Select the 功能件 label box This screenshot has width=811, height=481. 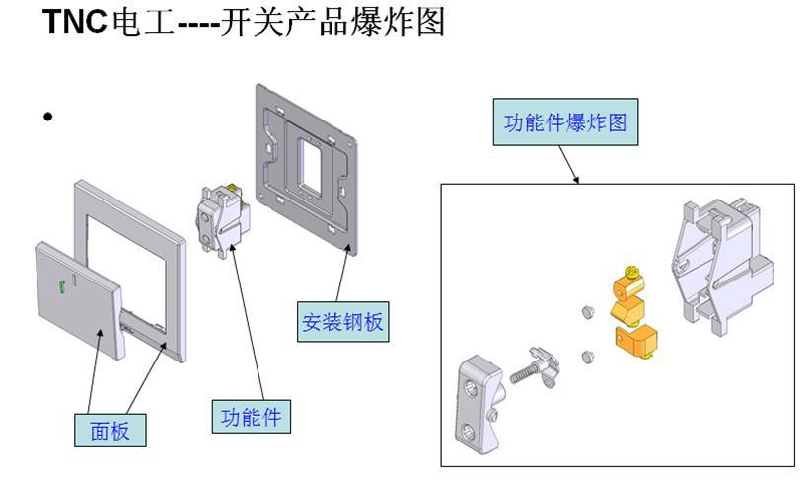coord(250,417)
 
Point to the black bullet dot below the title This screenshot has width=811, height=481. coord(47,118)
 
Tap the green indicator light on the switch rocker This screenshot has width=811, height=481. coord(62,287)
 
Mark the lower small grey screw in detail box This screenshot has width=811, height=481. coord(588,356)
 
